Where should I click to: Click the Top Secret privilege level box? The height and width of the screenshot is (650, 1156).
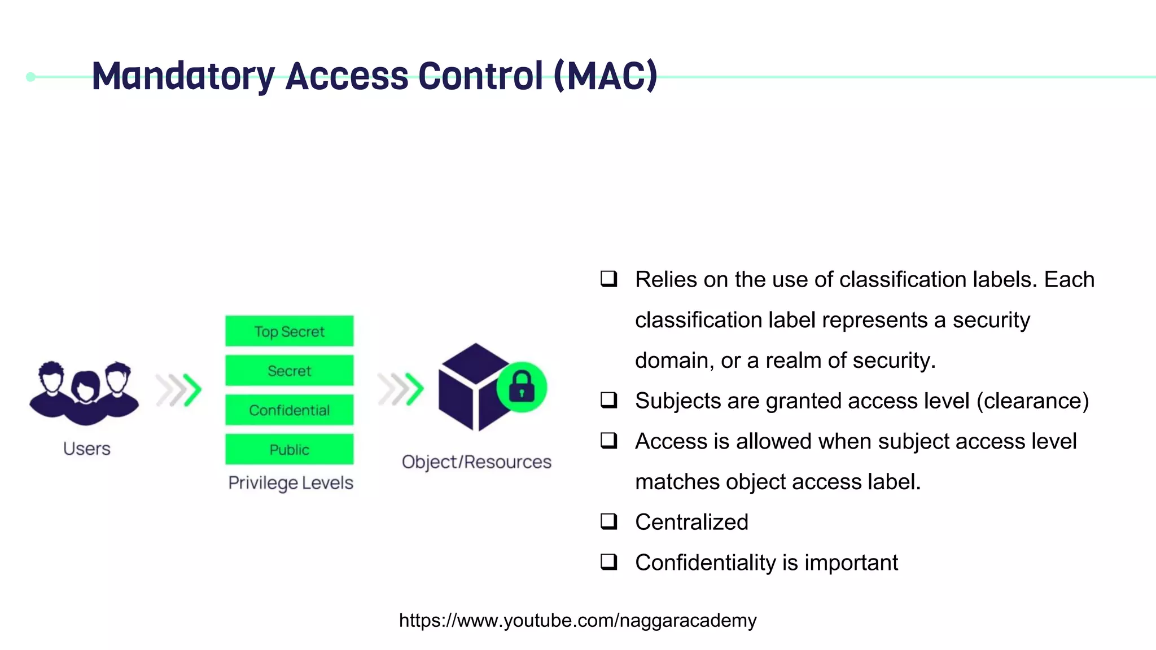point(289,331)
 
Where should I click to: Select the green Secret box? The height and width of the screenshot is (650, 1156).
point(289,371)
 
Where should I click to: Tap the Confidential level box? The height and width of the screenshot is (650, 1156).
point(289,410)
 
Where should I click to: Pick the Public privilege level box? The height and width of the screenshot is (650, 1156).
point(289,450)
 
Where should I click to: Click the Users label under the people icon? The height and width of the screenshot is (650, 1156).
point(86,449)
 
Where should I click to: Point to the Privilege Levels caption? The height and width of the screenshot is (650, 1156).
point(290,483)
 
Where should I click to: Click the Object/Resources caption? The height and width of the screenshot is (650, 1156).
point(476,462)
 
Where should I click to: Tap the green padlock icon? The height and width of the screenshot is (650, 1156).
point(522,387)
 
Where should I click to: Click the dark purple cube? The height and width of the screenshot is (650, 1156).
point(468,389)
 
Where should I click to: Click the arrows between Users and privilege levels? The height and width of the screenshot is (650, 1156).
point(179,390)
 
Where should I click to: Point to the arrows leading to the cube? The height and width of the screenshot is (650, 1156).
point(401,389)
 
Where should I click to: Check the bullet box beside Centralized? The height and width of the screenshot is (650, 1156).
point(608,521)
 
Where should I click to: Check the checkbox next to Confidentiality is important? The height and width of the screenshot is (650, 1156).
point(608,562)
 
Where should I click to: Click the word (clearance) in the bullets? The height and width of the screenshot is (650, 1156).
point(1032,401)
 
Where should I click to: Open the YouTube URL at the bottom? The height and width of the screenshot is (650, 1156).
point(577,620)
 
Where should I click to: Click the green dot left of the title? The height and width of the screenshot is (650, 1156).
point(31,77)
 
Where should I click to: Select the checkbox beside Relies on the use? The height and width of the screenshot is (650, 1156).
point(608,279)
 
